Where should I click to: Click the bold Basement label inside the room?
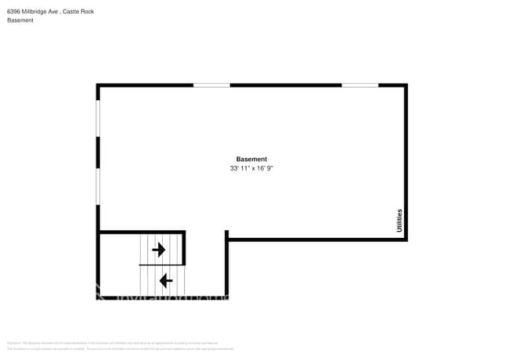tap(251, 159)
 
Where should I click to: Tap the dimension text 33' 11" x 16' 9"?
tap(251, 168)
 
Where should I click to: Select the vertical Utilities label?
tap(399, 220)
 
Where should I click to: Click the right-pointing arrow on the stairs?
tap(159, 250)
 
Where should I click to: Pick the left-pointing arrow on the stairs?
tap(165, 279)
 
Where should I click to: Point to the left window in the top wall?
tap(211, 85)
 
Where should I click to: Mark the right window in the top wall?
tap(359, 85)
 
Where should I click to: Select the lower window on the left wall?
tap(98, 188)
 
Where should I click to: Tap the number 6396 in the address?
tap(13, 11)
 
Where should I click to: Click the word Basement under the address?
tap(20, 20)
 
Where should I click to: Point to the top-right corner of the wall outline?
tap(406, 85)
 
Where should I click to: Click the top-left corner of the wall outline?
tap(99, 85)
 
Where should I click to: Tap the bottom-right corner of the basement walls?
tap(406, 239)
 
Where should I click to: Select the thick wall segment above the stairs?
tap(142, 232)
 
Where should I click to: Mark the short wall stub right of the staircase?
tap(226, 235)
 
